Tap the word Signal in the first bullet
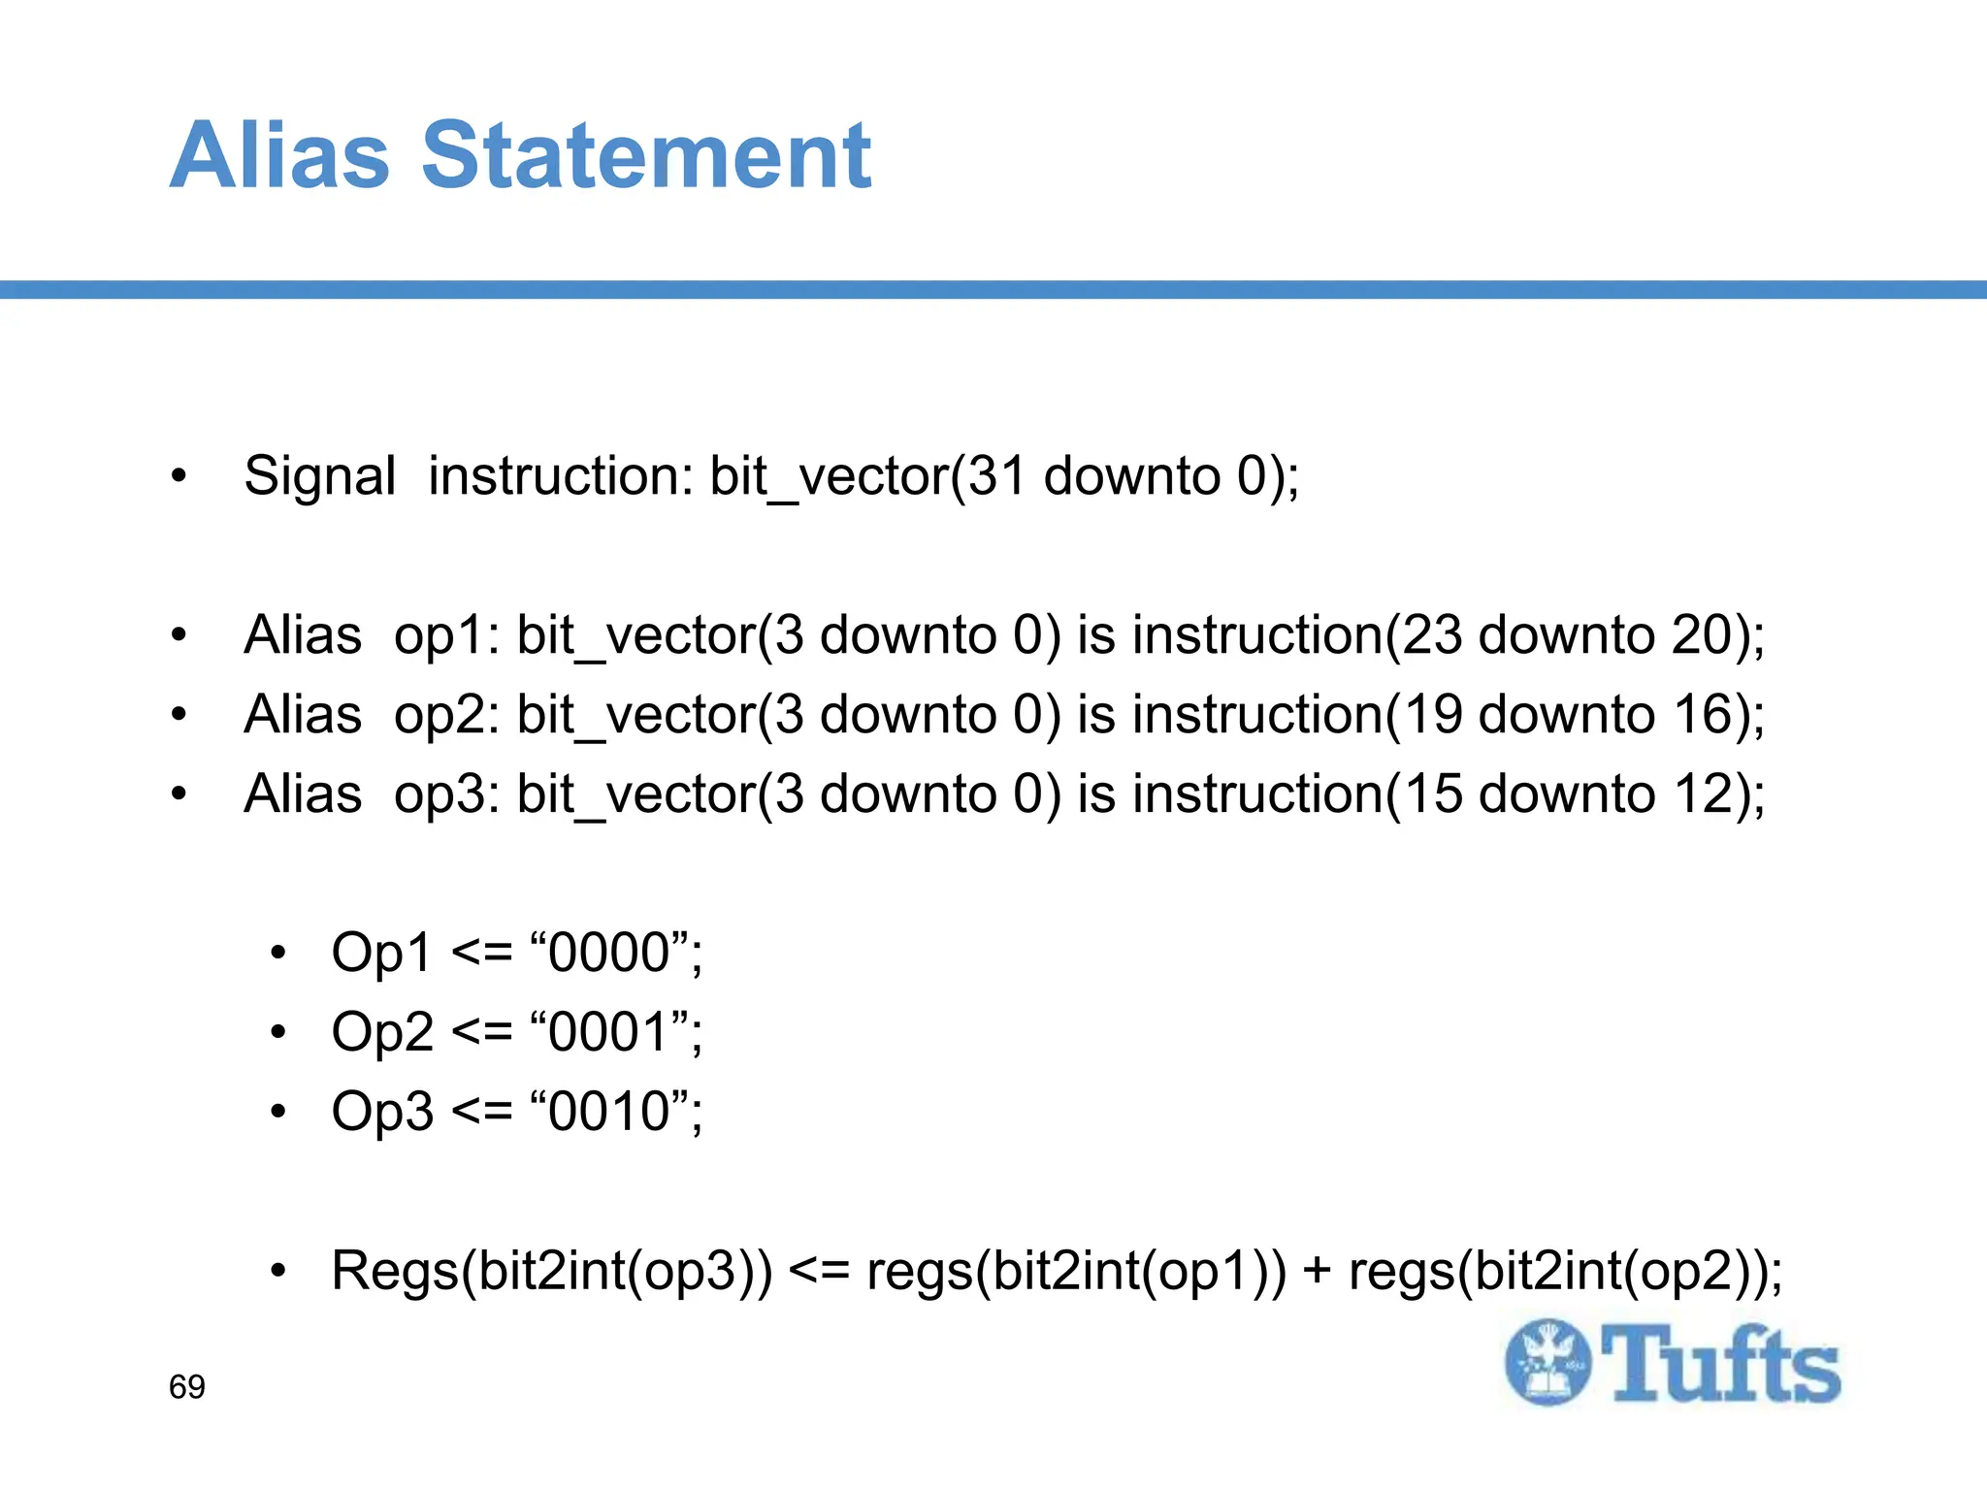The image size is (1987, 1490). coord(319,477)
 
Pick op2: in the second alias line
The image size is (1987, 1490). coord(446,716)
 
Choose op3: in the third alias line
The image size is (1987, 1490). coord(446,795)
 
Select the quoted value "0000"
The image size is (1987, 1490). coord(610,952)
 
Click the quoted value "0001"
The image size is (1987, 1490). coord(610,1031)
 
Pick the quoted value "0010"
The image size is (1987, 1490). coord(610,1111)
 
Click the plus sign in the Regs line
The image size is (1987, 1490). coord(1317,1272)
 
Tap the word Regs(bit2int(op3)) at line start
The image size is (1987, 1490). coord(552,1271)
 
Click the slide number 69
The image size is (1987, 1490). coord(187,1387)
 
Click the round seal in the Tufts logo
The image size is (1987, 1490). coord(1547,1362)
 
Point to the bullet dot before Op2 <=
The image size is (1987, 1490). coord(279,1032)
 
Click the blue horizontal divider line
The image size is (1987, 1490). coord(993,290)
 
